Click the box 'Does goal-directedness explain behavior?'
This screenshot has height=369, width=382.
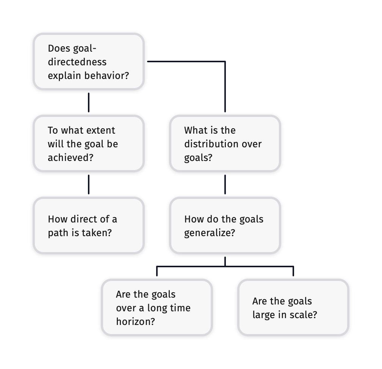point(88,61)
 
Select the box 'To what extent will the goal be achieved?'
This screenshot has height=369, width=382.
point(88,143)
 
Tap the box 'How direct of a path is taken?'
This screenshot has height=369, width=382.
point(88,225)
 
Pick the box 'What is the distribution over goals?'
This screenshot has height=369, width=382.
point(225,143)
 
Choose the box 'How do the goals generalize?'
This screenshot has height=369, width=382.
point(225,225)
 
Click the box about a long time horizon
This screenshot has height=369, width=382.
point(157,307)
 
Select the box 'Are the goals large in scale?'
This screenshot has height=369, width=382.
point(293,307)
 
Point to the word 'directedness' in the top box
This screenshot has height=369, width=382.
point(77,62)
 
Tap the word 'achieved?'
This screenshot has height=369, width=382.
point(70,158)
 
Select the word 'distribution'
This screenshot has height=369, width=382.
point(208,144)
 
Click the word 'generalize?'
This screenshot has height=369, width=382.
point(209,233)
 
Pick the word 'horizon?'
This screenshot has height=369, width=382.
point(135,322)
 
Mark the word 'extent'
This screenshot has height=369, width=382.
point(100,131)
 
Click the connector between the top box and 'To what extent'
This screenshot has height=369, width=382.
point(89,102)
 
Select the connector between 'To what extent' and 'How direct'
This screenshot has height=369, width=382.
point(89,184)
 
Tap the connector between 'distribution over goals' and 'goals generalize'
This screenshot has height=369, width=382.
point(225,184)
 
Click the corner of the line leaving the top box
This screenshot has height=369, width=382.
point(225,61)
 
